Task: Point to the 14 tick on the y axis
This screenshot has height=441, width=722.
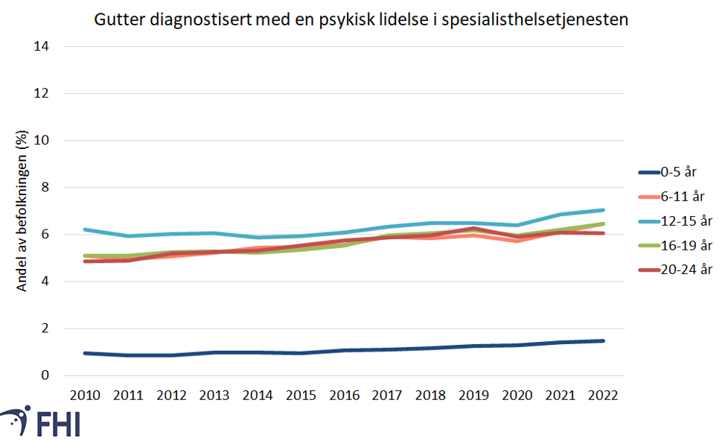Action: point(42,46)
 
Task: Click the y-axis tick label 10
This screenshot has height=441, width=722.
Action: point(42,140)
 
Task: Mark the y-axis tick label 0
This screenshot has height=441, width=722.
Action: point(45,375)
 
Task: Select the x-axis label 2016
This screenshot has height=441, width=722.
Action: point(344,395)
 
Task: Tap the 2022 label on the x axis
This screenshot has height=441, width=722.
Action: point(603,395)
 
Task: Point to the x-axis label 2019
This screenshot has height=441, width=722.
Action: point(473,395)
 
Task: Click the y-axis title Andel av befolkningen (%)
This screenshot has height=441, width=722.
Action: point(22,211)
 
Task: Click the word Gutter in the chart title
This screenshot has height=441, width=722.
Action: point(116,20)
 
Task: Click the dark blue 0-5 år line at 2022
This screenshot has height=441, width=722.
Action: point(603,341)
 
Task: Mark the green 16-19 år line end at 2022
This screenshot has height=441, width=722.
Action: point(603,223)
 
